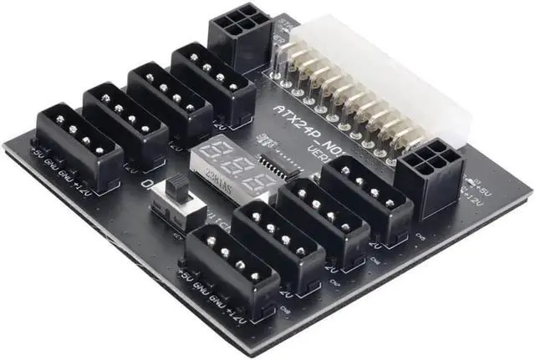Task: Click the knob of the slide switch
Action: tap(178, 189)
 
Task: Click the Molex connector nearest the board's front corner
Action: tap(229, 267)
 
